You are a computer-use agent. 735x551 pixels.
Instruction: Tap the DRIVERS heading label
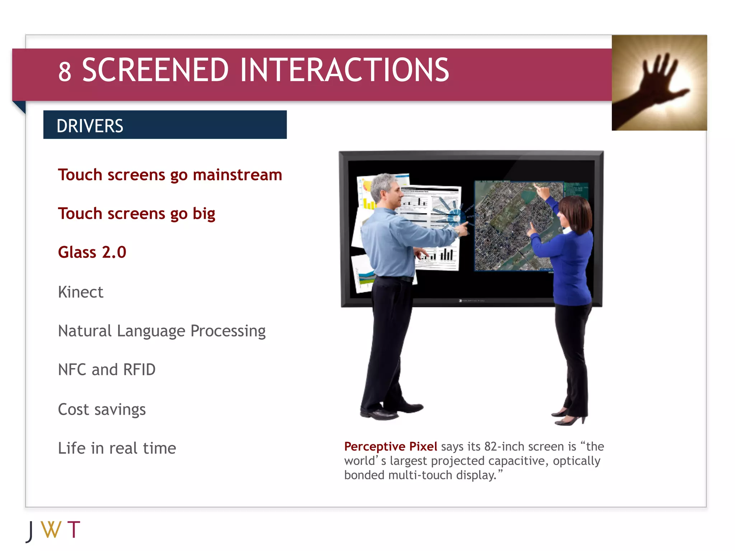click(x=90, y=126)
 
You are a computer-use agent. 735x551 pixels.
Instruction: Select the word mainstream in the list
click(x=237, y=175)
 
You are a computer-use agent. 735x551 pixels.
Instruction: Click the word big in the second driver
click(x=204, y=214)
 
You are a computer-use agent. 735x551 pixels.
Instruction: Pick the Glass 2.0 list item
click(x=92, y=252)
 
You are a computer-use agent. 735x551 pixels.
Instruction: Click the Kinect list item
click(x=81, y=292)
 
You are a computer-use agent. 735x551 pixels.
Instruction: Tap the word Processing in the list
click(x=228, y=331)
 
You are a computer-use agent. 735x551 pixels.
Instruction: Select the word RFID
click(x=139, y=370)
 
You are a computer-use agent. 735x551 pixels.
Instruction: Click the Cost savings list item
click(x=102, y=409)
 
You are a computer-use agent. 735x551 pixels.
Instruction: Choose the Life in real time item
click(x=117, y=448)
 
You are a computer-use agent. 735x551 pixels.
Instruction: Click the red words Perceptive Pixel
click(x=390, y=447)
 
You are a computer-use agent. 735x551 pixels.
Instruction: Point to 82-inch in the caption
click(x=504, y=447)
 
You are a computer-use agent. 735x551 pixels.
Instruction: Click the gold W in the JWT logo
click(x=51, y=530)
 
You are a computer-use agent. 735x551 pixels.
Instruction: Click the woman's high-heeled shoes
click(x=571, y=418)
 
